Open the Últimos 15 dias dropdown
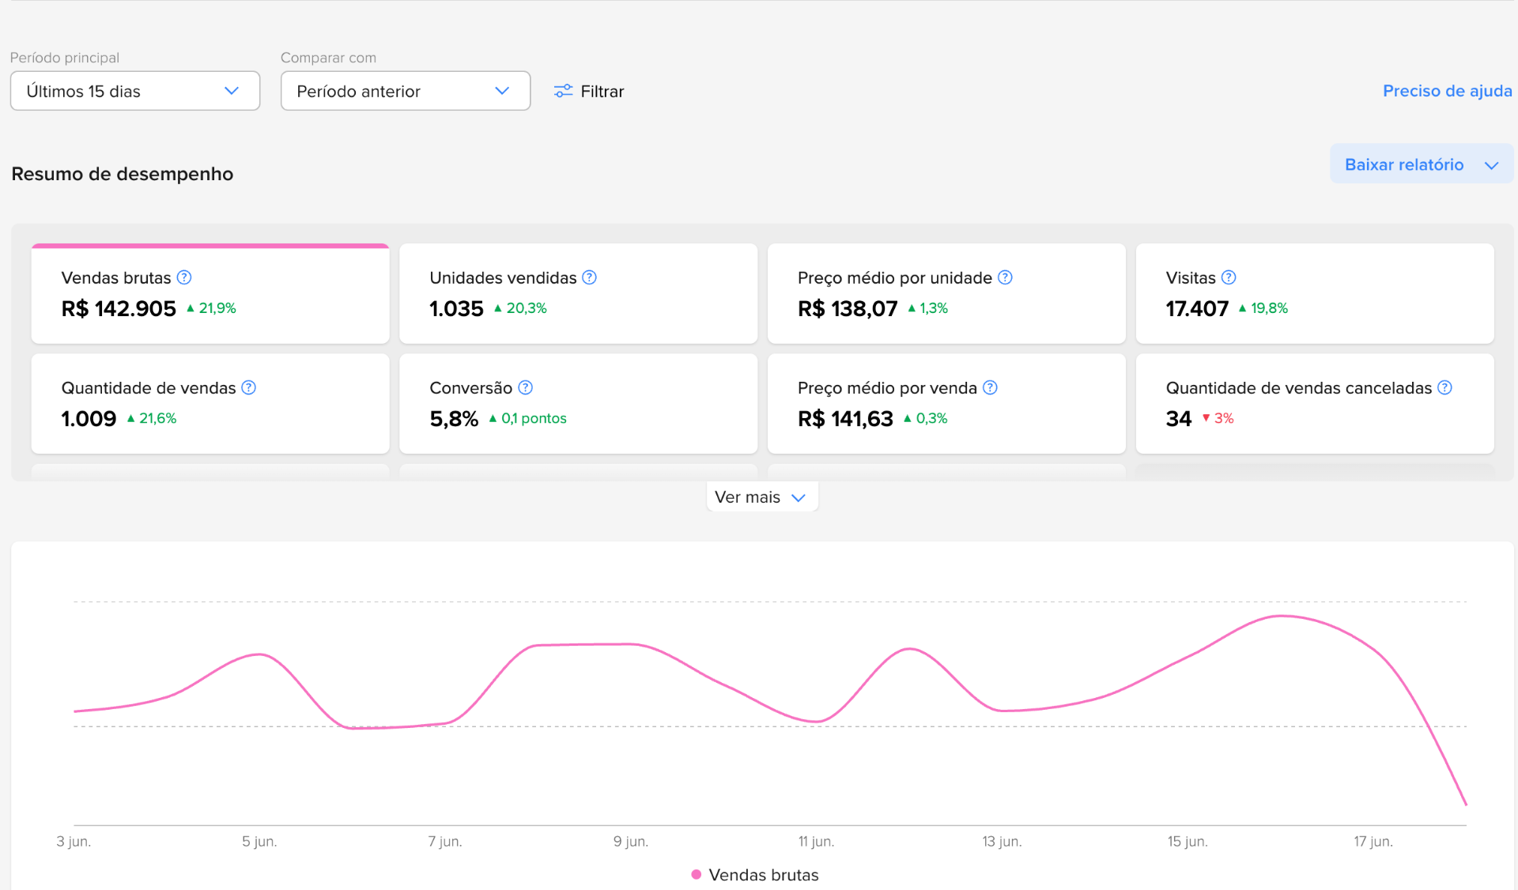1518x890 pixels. [x=135, y=91]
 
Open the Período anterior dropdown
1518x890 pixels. [x=406, y=91]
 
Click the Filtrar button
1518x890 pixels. [x=589, y=91]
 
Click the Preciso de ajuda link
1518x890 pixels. [x=1447, y=91]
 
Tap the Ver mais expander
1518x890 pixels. [x=761, y=497]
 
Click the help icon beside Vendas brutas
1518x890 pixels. [x=184, y=277]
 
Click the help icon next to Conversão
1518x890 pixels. [x=525, y=387]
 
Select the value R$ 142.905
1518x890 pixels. [x=119, y=308]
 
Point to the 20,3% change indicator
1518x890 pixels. [x=520, y=308]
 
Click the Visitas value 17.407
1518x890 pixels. [x=1197, y=308]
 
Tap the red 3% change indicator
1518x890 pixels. [x=1218, y=418]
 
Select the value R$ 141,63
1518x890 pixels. [x=845, y=418]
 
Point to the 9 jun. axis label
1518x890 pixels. [x=631, y=842]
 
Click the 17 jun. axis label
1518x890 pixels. [x=1373, y=842]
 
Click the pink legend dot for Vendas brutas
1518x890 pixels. [x=697, y=874]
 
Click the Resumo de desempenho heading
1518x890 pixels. [x=123, y=174]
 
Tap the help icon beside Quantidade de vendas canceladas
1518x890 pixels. [x=1444, y=387]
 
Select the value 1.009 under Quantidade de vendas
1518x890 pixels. [x=89, y=418]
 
